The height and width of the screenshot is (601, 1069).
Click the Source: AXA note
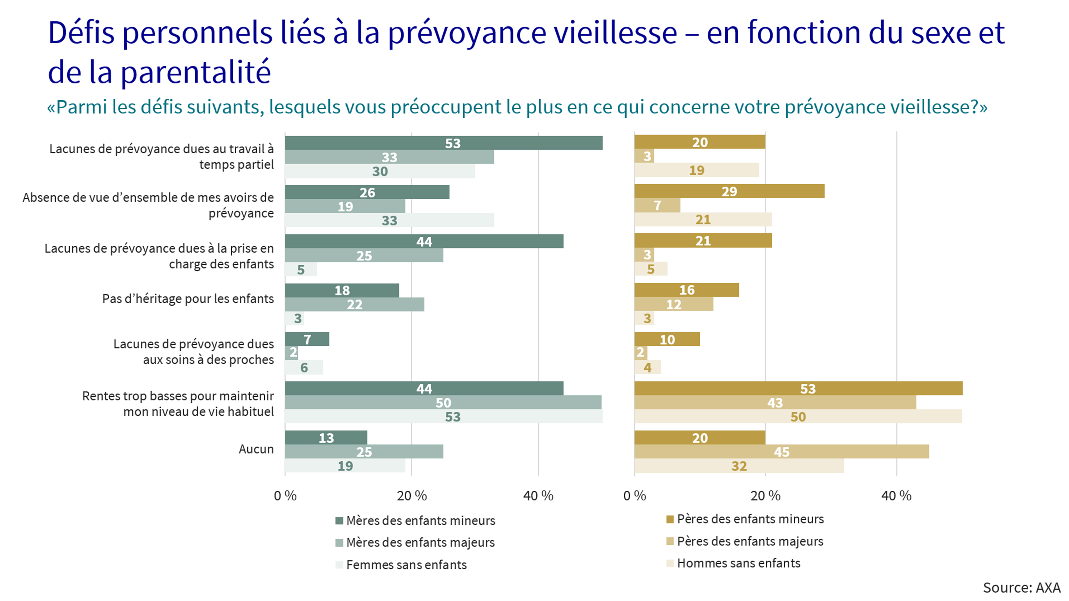tap(1021, 588)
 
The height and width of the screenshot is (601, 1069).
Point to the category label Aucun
tap(256, 449)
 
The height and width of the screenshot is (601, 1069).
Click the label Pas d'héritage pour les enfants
tap(188, 299)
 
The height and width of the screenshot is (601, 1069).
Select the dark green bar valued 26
tap(367, 192)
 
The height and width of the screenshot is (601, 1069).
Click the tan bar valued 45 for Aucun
tap(781, 452)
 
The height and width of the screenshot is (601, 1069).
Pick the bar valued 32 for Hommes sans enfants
tap(739, 466)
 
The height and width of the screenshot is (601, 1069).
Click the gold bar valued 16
tap(686, 290)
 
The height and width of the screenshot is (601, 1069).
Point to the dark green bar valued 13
tap(326, 437)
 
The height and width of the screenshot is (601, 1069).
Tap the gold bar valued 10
tap(667, 339)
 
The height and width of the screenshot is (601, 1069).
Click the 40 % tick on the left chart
tap(538, 495)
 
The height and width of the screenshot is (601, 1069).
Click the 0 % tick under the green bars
tap(285, 495)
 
